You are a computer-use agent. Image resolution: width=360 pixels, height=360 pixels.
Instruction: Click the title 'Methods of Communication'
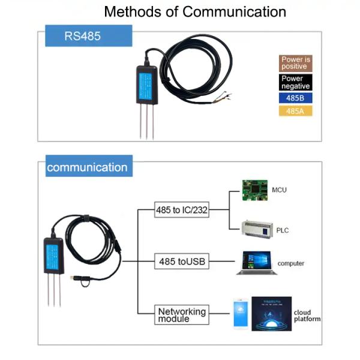click(x=195, y=12)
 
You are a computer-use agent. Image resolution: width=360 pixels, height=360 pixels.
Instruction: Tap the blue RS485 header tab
click(x=82, y=36)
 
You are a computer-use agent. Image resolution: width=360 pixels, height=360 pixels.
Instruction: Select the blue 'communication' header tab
click(x=87, y=167)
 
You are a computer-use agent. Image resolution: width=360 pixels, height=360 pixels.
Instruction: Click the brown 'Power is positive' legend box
click(x=296, y=63)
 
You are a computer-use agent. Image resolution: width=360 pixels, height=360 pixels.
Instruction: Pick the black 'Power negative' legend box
click(x=296, y=82)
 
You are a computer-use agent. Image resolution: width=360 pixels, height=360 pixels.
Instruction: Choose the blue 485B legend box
click(x=296, y=98)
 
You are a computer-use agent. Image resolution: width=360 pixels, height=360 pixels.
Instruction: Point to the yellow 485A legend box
click(x=296, y=111)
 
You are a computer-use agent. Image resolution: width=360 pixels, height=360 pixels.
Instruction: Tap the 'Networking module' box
click(x=181, y=314)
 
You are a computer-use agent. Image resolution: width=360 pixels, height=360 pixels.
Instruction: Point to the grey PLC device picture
click(x=257, y=229)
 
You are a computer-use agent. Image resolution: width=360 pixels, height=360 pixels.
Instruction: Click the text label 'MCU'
click(x=279, y=190)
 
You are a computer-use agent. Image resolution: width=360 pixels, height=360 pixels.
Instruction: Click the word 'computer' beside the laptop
click(x=290, y=263)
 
